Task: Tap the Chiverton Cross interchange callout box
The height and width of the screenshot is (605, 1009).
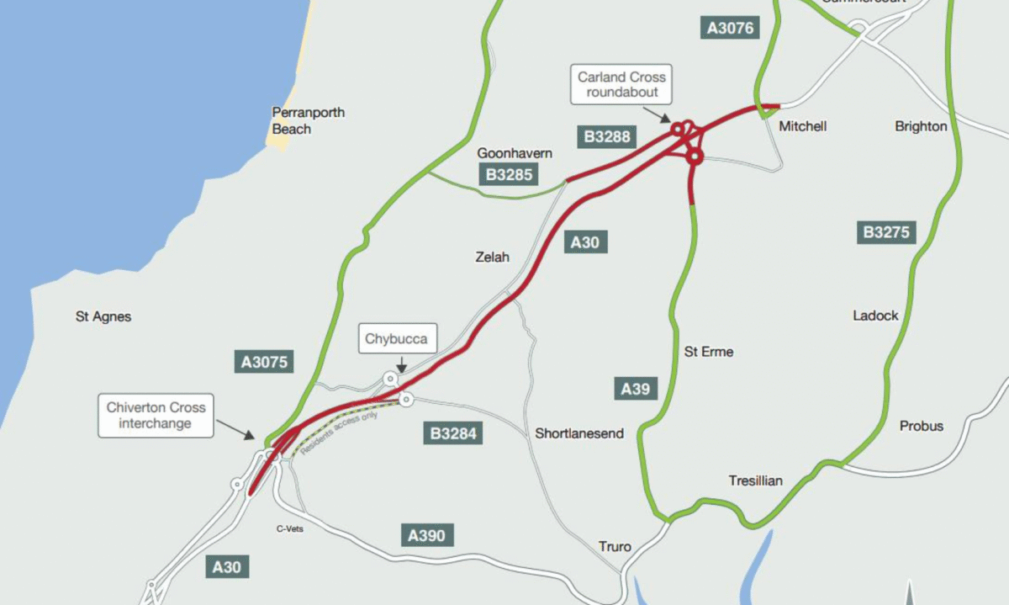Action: tap(156, 415)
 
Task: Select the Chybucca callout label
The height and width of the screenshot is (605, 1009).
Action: tap(396, 340)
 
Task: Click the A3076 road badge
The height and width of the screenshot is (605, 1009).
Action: tap(731, 28)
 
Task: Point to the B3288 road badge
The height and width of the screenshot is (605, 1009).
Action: tap(607, 136)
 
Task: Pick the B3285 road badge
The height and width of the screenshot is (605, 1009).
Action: tap(510, 175)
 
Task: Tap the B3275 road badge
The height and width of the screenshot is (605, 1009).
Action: tap(887, 232)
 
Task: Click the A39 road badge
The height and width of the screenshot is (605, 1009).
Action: tap(636, 389)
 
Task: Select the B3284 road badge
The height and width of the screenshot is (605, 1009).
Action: tap(453, 434)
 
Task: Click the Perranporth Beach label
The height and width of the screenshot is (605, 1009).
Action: tap(308, 120)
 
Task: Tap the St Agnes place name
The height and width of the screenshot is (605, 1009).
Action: tap(103, 317)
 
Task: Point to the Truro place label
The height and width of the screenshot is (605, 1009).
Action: tap(615, 546)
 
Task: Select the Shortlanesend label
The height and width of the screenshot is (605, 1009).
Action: tap(579, 433)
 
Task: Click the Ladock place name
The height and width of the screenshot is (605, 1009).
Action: tap(875, 316)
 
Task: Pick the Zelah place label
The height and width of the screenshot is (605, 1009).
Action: tap(493, 257)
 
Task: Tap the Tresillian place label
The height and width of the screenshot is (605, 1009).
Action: tap(755, 480)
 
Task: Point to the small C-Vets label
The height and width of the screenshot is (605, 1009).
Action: tap(290, 529)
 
